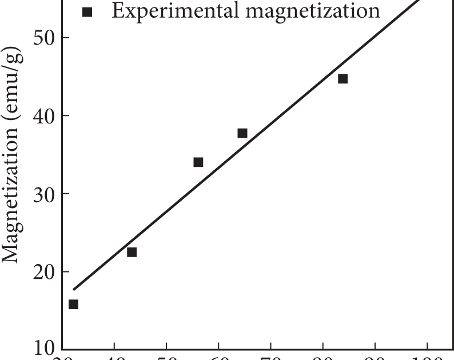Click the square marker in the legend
click(x=87, y=11)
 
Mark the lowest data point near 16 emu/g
click(x=73, y=305)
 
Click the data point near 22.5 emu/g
click(x=132, y=252)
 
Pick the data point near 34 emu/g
click(x=198, y=162)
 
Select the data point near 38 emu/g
click(x=242, y=133)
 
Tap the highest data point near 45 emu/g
click(x=343, y=79)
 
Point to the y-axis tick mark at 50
click(x=65, y=38)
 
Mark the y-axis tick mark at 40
click(x=65, y=116)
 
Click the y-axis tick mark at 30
click(x=65, y=194)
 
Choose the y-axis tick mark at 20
click(x=65, y=271)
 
